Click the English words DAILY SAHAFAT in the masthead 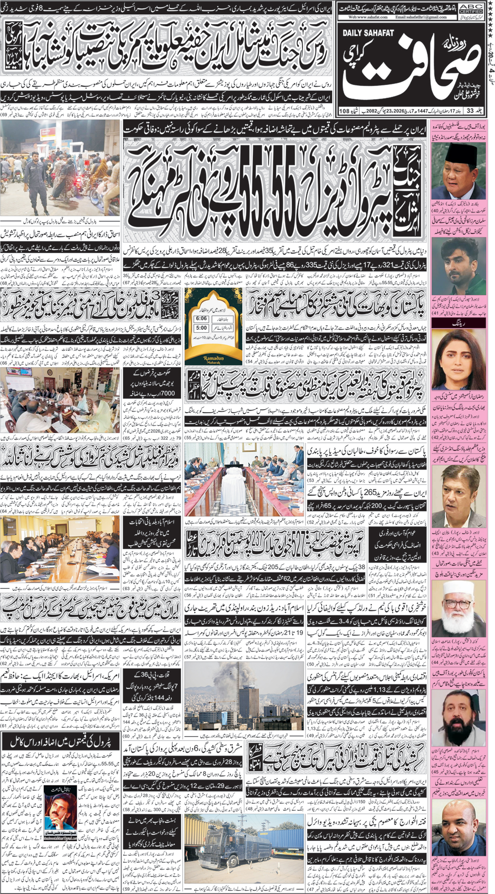coord(369,33)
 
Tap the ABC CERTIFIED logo coord(471,7)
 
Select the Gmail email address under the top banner coord(421,17)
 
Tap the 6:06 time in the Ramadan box coord(201,318)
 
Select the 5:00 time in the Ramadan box coord(201,328)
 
